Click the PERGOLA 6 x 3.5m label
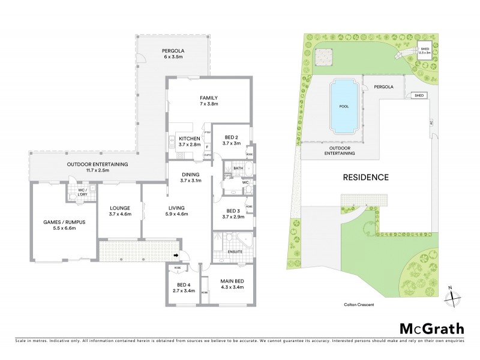172,53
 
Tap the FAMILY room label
208,101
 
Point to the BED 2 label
231,140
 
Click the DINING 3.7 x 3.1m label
191,178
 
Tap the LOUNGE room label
119,211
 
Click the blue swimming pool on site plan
344,107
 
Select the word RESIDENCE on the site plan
366,177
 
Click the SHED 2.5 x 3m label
425,51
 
